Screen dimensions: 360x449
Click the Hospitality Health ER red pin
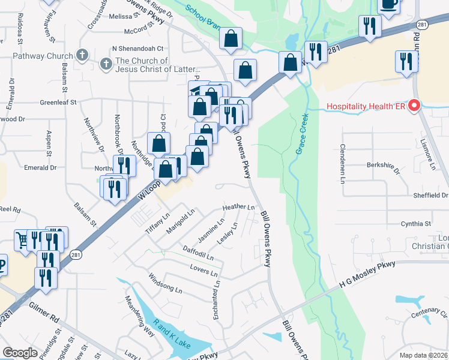[x=414, y=107]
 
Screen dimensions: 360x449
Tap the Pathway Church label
[x=41, y=56]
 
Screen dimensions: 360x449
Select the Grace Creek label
[x=301, y=134]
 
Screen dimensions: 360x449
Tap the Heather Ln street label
[x=238, y=207]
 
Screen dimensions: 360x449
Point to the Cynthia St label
[x=415, y=224]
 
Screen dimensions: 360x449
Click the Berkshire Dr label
[x=383, y=166]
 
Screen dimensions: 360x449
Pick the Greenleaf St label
[x=58, y=103]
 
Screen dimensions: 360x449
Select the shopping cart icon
[x=22, y=241]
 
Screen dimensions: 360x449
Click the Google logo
[x=20, y=353]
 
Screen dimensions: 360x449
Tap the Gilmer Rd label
[x=43, y=312]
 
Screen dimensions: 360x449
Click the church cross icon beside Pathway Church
[x=82, y=56]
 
